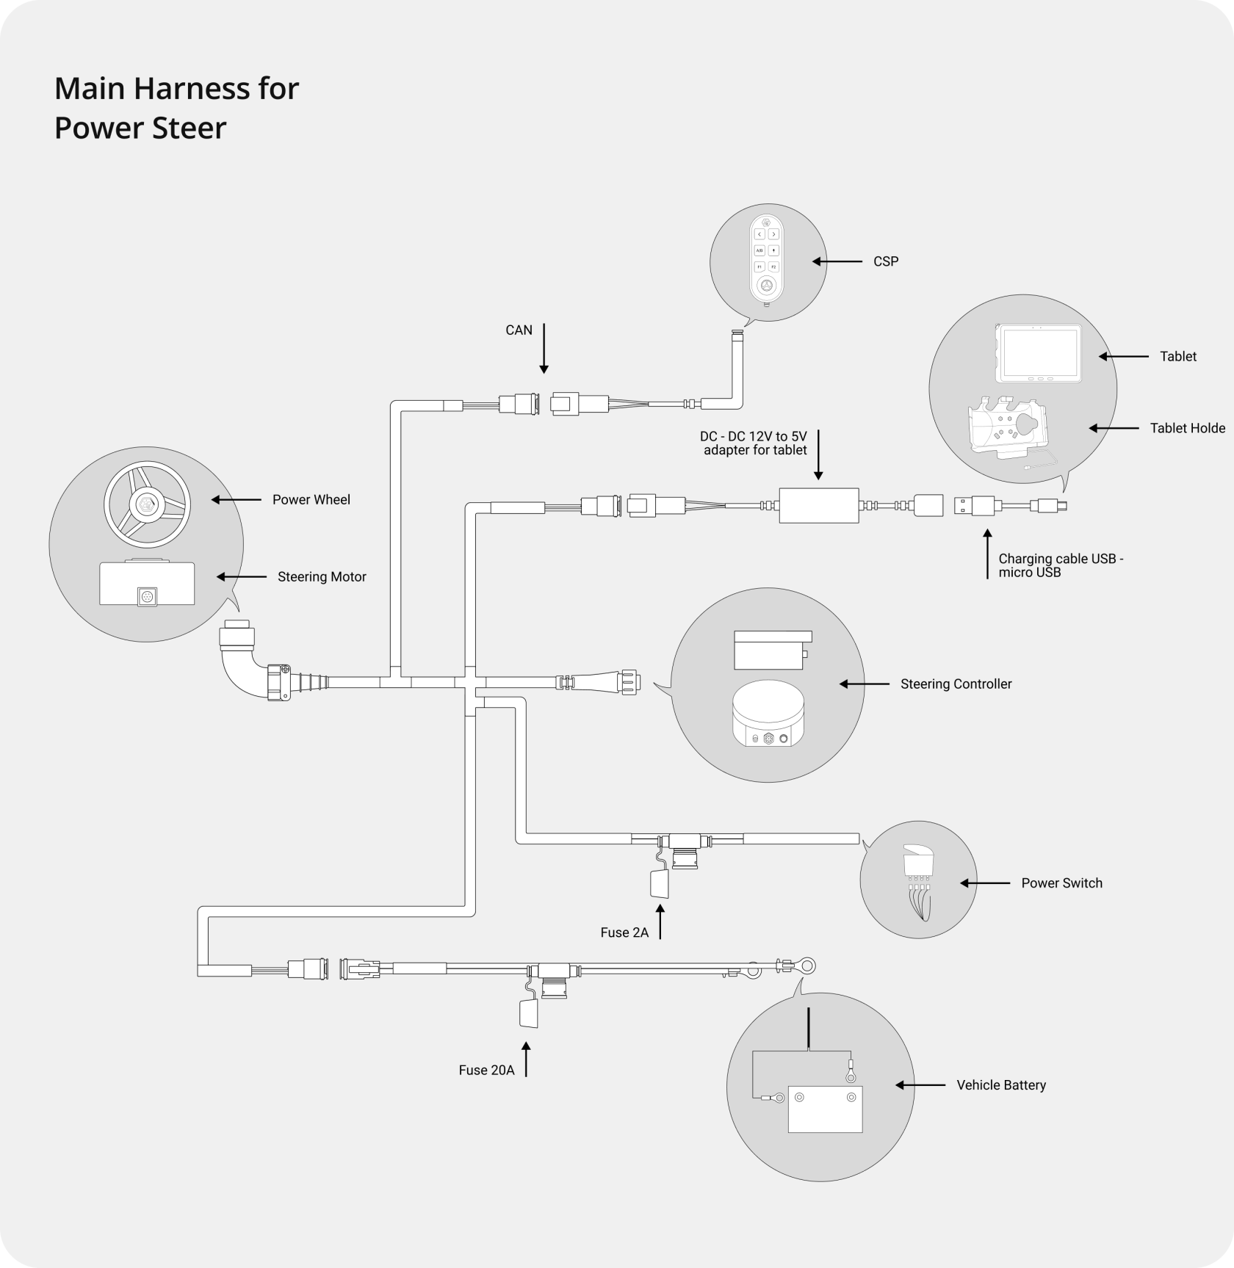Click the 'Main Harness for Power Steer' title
click(x=176, y=108)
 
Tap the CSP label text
click(x=886, y=261)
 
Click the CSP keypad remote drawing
click(x=767, y=263)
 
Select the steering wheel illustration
click(x=148, y=504)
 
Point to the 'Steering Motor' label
click(x=322, y=577)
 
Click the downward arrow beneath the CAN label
click(x=544, y=348)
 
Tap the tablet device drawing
click(x=1038, y=354)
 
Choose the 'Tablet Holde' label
click(x=1188, y=428)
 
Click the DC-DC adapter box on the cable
click(x=818, y=506)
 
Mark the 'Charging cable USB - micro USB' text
click(x=1061, y=565)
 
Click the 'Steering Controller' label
click(x=956, y=684)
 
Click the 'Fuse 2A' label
click(x=624, y=932)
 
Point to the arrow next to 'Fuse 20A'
click(x=526, y=1059)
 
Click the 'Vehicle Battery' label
click(x=1001, y=1085)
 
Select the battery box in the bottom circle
click(x=825, y=1109)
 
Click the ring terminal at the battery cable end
click(x=806, y=966)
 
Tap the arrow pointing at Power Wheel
click(x=236, y=499)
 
